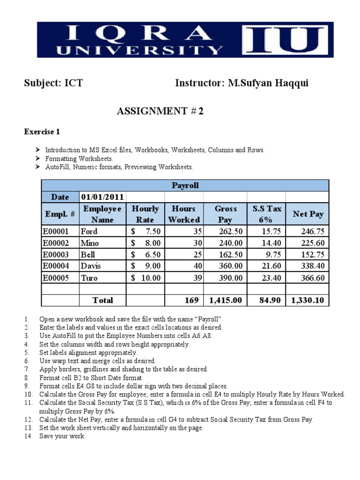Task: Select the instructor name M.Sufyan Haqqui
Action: [x=268, y=83]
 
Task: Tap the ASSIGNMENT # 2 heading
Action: [x=160, y=111]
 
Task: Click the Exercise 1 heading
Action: [x=42, y=132]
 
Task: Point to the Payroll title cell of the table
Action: [x=185, y=186]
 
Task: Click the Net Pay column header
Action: [x=308, y=214]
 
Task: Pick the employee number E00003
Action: [x=56, y=255]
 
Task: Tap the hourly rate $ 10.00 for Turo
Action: [x=146, y=278]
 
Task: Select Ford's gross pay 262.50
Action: [x=231, y=232]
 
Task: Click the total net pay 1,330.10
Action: [x=308, y=300]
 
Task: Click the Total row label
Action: [x=103, y=300]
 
